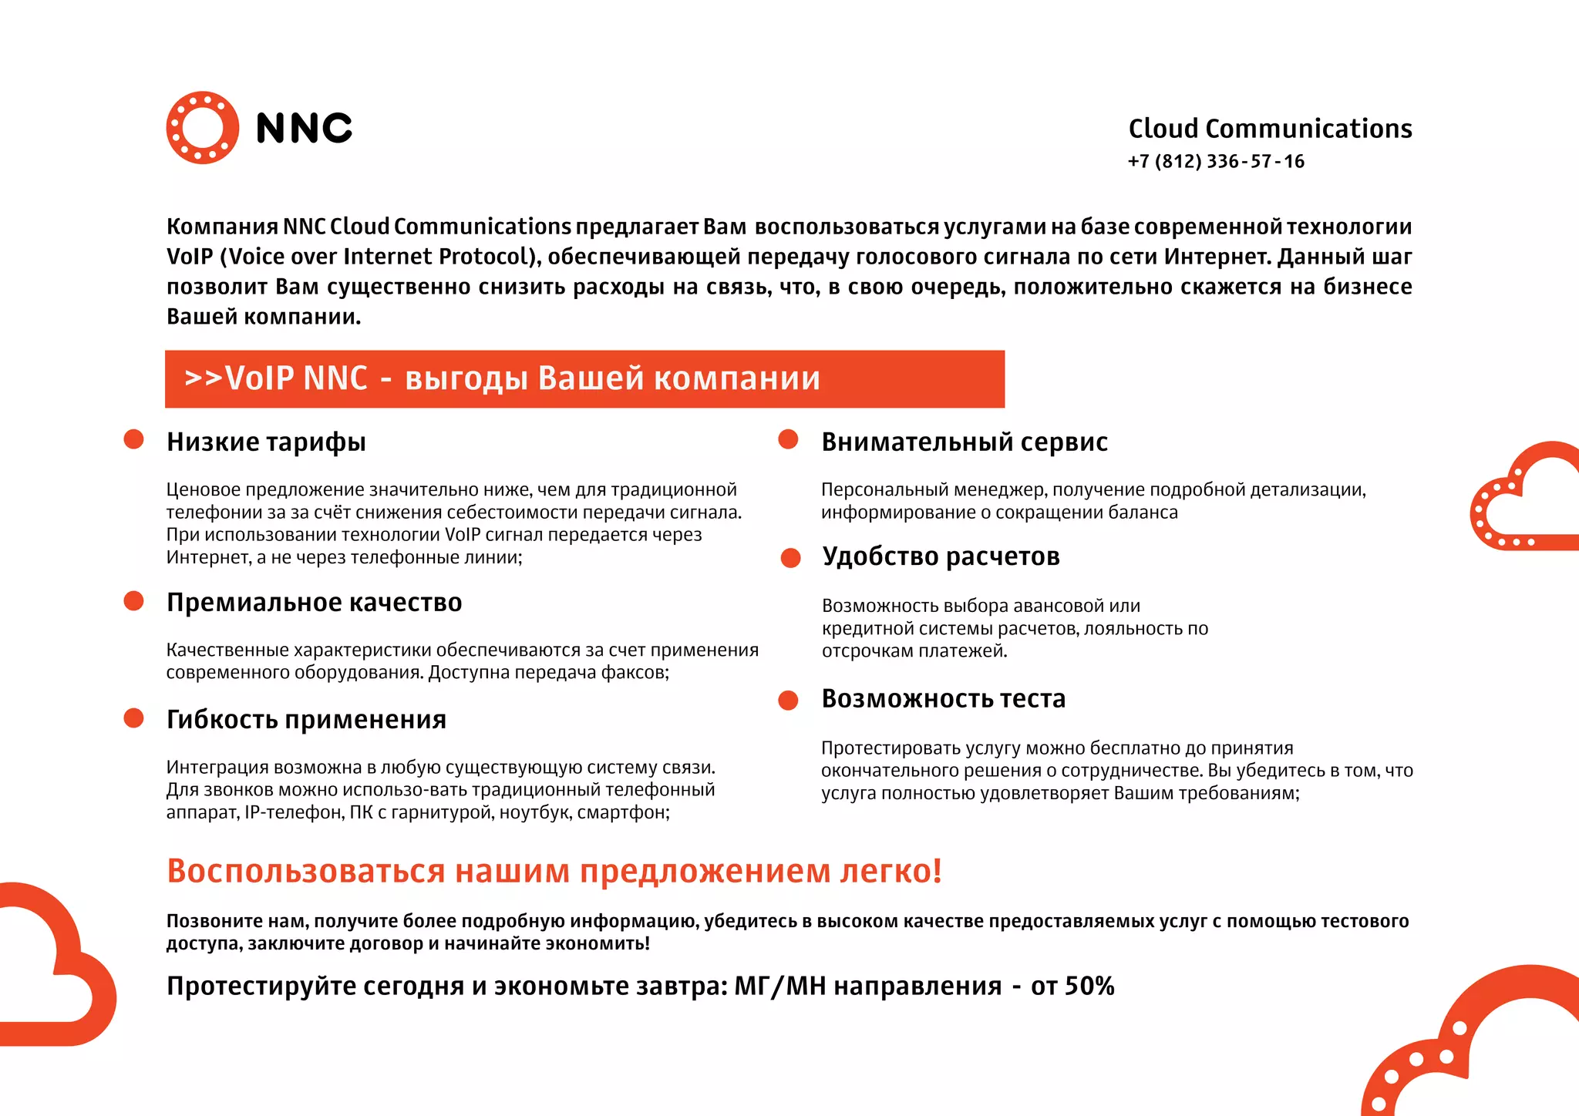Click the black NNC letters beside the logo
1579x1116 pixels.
coord(304,128)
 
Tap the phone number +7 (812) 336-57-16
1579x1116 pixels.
coord(1216,161)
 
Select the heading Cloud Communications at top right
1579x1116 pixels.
coord(1270,129)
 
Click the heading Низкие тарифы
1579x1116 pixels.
coord(266,442)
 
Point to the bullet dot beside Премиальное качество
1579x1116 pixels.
coord(134,601)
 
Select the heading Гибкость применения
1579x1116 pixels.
coord(306,719)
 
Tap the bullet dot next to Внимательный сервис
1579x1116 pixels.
coord(788,439)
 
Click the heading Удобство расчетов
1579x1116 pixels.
coord(941,556)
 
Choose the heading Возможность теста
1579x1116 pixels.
coord(943,698)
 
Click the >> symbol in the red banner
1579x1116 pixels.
coord(203,378)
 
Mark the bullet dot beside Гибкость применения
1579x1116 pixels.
coord(134,718)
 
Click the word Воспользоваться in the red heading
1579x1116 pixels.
coord(306,871)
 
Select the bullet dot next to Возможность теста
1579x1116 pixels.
coord(788,700)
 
